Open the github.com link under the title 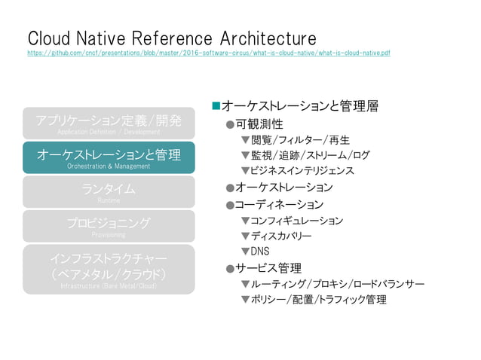click(209, 53)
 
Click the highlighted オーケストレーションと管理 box click(109, 157)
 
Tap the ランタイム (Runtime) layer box click(109, 191)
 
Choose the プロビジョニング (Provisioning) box click(109, 226)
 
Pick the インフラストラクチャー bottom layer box click(109, 269)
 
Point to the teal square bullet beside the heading click(216, 106)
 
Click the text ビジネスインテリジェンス click(302, 171)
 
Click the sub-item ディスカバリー click(280, 236)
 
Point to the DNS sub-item click(259, 252)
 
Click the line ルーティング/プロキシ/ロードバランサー click(337, 284)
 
